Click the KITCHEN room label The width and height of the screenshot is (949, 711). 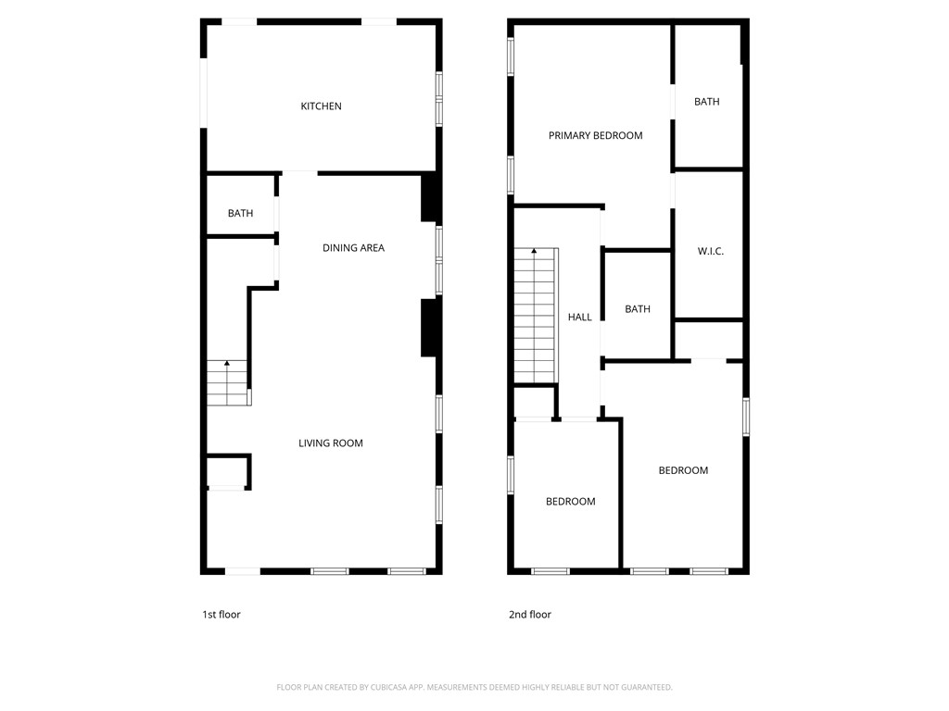tap(321, 106)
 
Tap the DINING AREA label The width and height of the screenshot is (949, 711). tap(353, 248)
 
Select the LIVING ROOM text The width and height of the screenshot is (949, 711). tap(330, 443)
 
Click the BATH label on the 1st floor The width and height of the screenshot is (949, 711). tap(240, 214)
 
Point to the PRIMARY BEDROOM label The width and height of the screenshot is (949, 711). tap(595, 136)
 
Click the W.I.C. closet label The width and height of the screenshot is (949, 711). tap(710, 252)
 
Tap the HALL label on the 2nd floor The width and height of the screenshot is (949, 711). tap(579, 318)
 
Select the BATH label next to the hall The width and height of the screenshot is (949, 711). tap(637, 309)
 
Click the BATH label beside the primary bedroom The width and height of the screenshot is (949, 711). tap(706, 102)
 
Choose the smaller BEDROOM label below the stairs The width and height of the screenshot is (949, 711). tap(570, 502)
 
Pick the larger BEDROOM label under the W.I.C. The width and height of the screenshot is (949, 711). tap(683, 470)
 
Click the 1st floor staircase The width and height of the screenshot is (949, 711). tap(228, 383)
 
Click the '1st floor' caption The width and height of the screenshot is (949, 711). tap(221, 615)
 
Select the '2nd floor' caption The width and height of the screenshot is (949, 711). tap(529, 615)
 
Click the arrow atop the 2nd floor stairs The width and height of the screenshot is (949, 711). tap(534, 252)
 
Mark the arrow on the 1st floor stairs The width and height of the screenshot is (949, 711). tap(227, 365)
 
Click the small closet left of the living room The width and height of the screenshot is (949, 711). tap(227, 472)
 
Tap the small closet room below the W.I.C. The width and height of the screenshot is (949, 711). tap(709, 340)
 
